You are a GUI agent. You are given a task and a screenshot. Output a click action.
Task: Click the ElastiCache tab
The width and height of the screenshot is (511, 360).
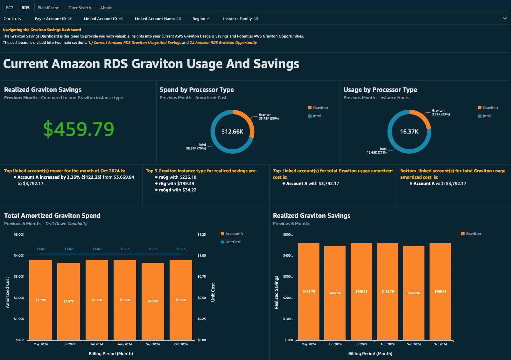coord(48,8)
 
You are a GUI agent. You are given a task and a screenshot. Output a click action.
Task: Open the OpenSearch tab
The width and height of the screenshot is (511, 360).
coord(80,8)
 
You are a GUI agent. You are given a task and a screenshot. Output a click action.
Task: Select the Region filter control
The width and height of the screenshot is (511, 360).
coord(202,19)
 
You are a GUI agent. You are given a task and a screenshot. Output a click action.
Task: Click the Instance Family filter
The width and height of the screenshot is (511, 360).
coord(240,19)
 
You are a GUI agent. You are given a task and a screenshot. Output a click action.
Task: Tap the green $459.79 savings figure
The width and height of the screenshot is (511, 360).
coord(79,129)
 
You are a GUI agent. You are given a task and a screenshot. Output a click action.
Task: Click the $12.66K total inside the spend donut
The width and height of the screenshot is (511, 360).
coord(232,132)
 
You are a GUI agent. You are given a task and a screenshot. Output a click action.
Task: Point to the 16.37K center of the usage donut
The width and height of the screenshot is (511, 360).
coord(409,132)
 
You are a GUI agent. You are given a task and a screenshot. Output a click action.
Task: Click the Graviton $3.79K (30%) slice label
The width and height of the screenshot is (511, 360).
coord(269,117)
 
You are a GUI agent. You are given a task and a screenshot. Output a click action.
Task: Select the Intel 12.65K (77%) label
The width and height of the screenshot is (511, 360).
coord(377,151)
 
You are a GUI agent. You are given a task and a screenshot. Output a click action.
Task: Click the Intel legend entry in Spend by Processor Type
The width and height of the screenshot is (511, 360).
coord(317,116)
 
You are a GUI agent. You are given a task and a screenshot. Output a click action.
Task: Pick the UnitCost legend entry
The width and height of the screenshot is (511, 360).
coord(233,242)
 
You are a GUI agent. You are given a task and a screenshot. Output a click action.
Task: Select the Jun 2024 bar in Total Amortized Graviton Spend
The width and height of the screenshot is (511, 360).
coord(69,301)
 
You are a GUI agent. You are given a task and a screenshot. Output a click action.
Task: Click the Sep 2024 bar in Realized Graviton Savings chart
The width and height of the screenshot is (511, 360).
coord(414,293)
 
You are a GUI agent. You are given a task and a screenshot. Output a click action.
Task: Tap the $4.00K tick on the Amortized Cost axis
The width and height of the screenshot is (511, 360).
coord(19,256)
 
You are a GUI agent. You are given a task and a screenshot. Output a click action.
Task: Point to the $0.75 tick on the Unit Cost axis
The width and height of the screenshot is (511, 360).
coord(201,277)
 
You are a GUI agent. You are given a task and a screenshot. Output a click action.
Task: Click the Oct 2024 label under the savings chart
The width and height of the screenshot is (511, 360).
coord(440,344)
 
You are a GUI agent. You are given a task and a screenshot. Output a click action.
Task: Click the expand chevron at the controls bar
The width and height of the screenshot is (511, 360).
coord(505,18)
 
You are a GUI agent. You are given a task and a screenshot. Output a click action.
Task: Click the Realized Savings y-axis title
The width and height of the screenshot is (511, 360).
coord(276,293)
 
